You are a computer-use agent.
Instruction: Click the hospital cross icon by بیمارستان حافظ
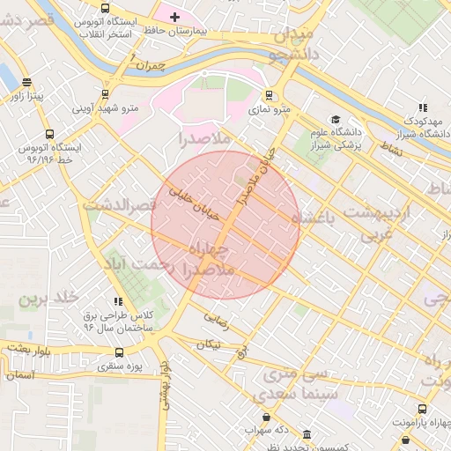(x=174, y=16)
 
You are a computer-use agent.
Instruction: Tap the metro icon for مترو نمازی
(x=269, y=96)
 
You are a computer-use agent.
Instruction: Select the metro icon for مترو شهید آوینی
(x=106, y=93)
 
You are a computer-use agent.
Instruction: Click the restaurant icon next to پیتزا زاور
(x=19, y=85)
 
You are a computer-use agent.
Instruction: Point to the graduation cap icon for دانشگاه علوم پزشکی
(x=335, y=120)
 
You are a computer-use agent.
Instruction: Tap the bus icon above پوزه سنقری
(x=119, y=352)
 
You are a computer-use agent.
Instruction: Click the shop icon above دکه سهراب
(x=267, y=417)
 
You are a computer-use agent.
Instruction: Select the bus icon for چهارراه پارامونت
(x=422, y=410)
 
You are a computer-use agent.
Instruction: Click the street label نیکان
(x=209, y=344)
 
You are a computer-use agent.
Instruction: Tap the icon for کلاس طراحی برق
(x=119, y=301)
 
